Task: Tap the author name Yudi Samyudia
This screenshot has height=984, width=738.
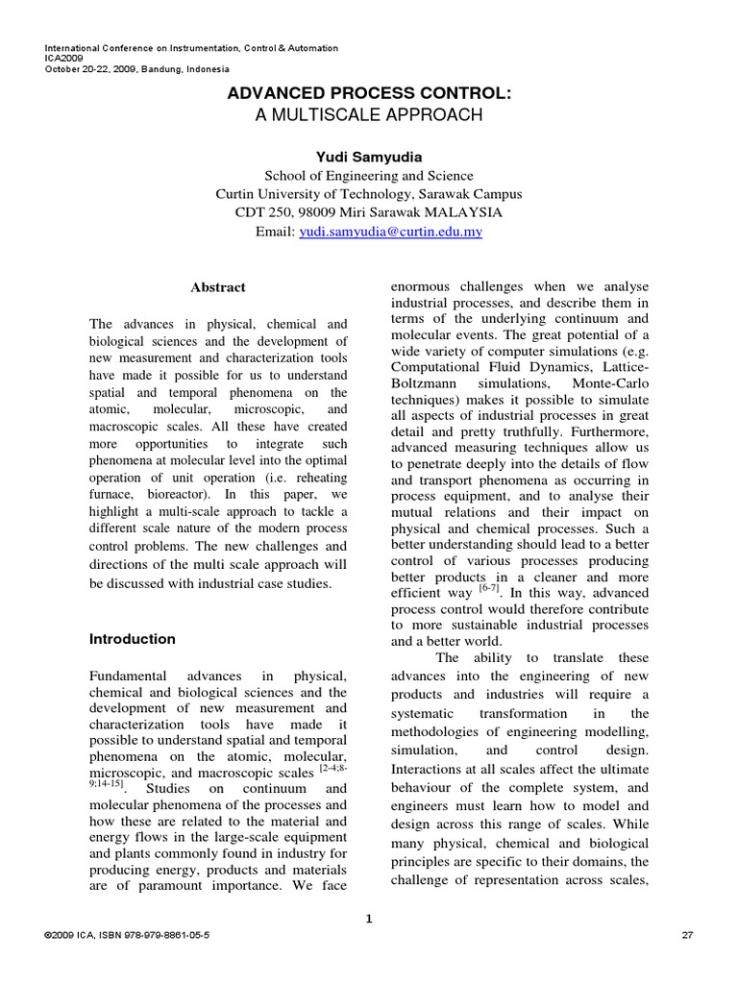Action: click(x=369, y=156)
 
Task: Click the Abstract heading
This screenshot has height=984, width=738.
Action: click(x=218, y=286)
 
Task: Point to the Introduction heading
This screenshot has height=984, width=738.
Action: click(x=133, y=638)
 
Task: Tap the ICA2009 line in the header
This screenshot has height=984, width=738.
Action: click(x=65, y=58)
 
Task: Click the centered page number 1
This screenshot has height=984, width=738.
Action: click(x=369, y=919)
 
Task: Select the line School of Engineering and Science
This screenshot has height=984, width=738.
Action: click(x=369, y=175)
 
